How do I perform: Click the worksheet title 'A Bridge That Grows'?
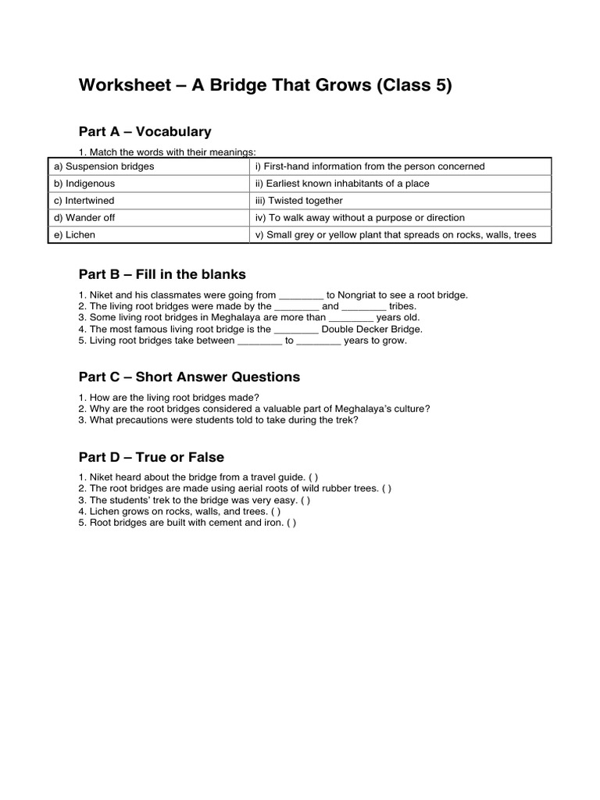(266, 86)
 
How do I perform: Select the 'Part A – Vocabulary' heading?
(145, 131)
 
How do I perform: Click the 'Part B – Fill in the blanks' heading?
(162, 274)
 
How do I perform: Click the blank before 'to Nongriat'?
(301, 295)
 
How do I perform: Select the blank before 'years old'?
(351, 318)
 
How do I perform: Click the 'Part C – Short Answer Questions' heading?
(189, 377)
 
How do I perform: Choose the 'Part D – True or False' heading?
(152, 457)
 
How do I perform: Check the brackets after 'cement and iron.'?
(291, 523)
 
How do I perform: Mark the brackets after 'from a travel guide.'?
(312, 477)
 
